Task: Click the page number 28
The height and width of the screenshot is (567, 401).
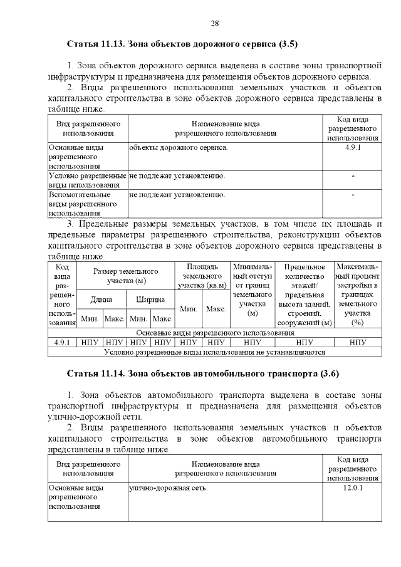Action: click(214, 23)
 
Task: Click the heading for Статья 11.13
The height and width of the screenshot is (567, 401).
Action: click(182, 45)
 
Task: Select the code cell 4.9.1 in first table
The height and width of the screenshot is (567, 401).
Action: click(353, 147)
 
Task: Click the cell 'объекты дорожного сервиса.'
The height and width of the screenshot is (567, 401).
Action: click(178, 147)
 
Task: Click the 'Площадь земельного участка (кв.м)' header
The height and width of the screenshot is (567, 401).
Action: click(202, 276)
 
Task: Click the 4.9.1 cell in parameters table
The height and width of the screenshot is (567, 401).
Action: click(62, 342)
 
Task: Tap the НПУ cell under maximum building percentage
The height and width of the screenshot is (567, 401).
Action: click(358, 342)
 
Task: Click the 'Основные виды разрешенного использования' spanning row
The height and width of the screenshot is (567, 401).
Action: click(215, 333)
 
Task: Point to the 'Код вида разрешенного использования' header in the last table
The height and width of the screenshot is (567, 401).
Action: click(353, 469)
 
